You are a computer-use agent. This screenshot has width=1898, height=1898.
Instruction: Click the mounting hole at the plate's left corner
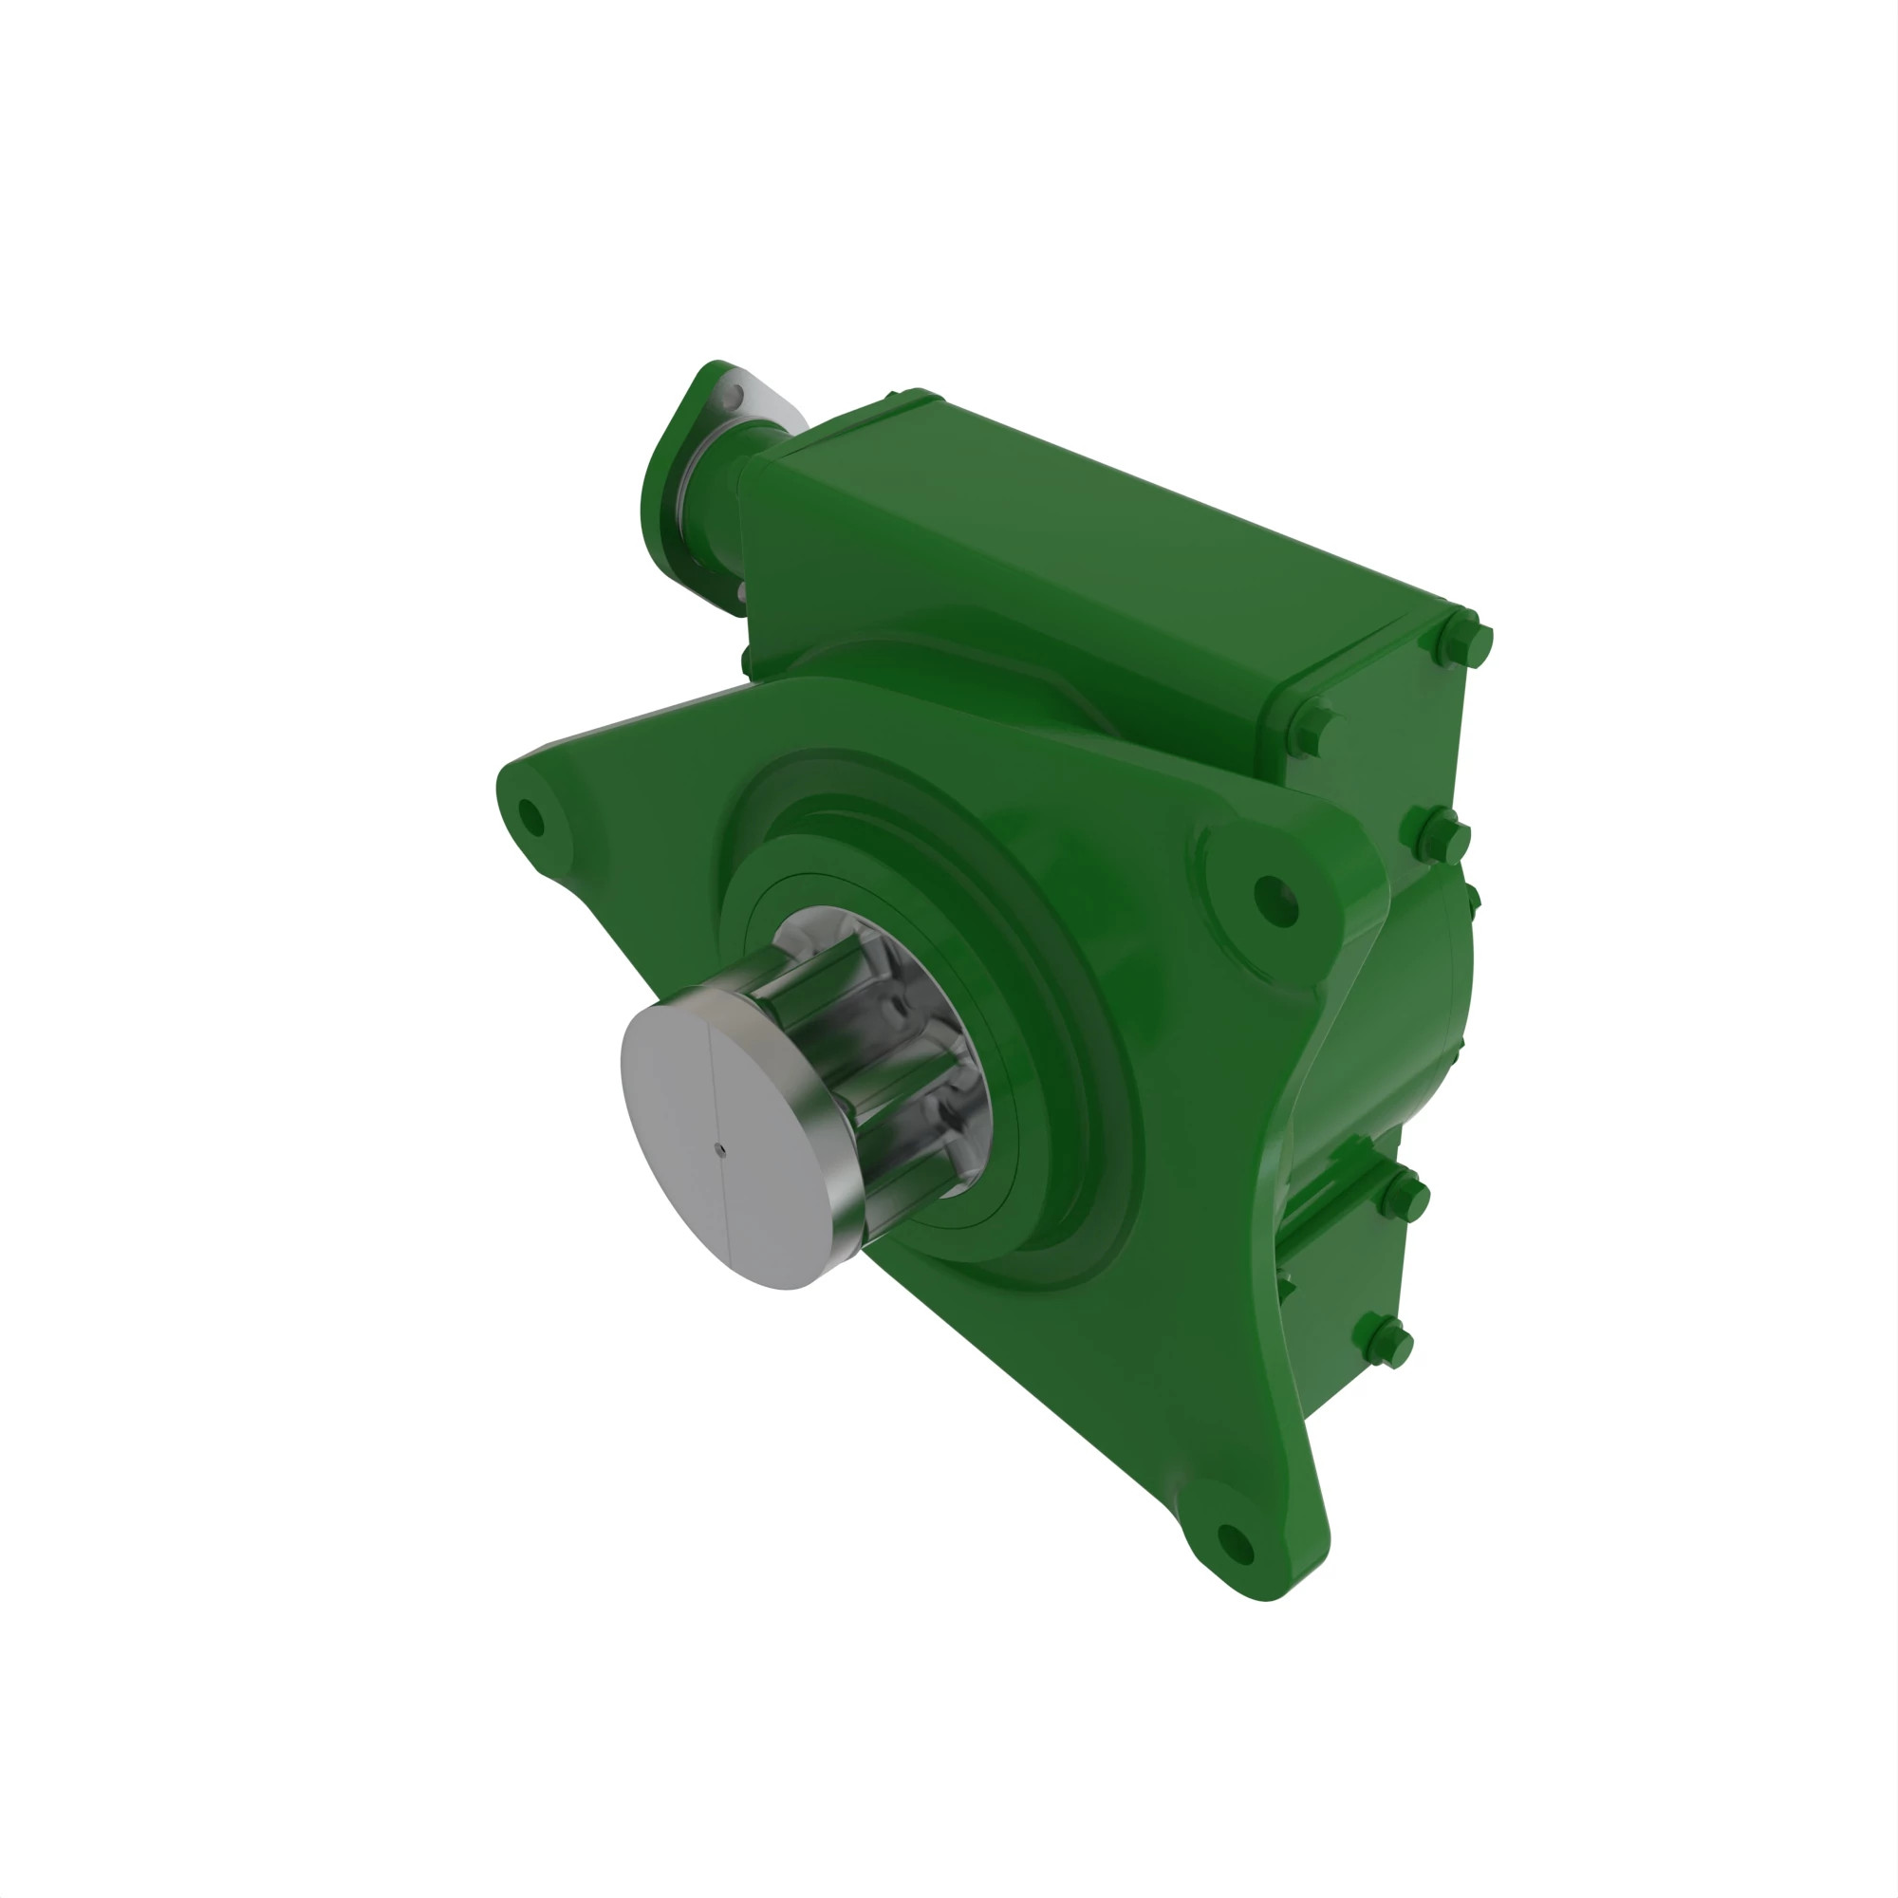pos(530,816)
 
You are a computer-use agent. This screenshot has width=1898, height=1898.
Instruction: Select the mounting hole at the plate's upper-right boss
pos(1275,900)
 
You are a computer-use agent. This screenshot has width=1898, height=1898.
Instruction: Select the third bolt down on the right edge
pos(1444,836)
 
